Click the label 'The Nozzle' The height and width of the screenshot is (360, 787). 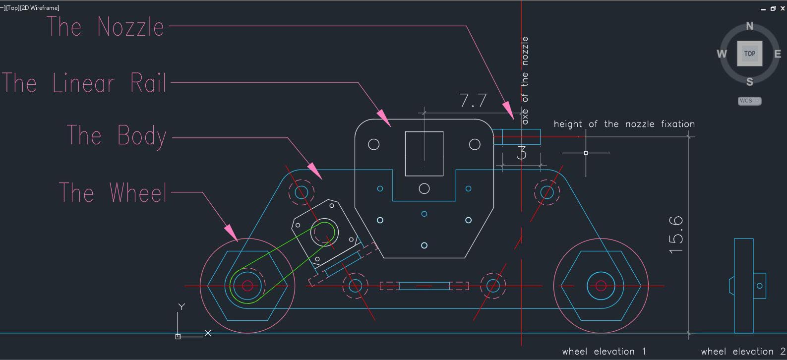coord(105,27)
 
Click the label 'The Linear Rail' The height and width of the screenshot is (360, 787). coord(84,83)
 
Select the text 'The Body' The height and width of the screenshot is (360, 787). coord(117,135)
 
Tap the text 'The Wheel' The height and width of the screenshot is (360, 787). coord(113,192)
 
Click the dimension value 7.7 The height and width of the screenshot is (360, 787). coord(473,101)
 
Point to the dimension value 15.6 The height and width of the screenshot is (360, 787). coord(676,235)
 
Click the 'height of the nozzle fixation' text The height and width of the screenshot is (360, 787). coord(624,124)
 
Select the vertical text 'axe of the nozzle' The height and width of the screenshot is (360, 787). coord(525,80)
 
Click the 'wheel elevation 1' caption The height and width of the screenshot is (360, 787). coord(604,352)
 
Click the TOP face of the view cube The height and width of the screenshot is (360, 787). coord(749,54)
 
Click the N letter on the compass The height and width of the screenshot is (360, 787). coord(749,26)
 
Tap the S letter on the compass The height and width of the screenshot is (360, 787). coord(749,82)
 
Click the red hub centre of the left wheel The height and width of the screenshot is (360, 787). coord(247,286)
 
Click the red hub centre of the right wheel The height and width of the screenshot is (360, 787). coord(601,286)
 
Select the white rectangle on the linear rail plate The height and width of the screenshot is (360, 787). coord(424,154)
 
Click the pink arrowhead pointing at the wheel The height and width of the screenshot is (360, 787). coord(230,232)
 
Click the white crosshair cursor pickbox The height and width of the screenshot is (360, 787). coord(586,153)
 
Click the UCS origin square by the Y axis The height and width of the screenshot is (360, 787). coord(178,337)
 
